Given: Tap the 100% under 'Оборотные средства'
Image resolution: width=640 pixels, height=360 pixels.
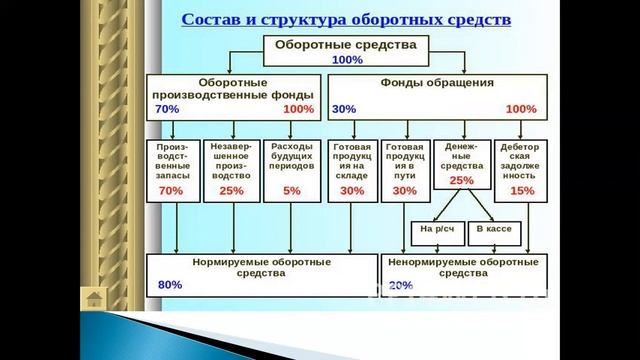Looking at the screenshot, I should [x=347, y=59].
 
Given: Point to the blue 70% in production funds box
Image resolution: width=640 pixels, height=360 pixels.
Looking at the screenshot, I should [x=167, y=108].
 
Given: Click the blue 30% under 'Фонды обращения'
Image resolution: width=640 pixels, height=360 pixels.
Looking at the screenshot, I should [x=343, y=108].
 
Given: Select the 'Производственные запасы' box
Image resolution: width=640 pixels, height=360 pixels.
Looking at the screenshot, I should [x=171, y=169].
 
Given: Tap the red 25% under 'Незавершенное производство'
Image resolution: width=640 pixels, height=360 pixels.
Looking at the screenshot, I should [x=231, y=190].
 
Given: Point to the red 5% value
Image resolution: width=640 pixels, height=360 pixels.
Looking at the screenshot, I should [x=291, y=190].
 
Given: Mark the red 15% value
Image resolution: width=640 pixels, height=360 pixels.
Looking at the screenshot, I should [x=522, y=190].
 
